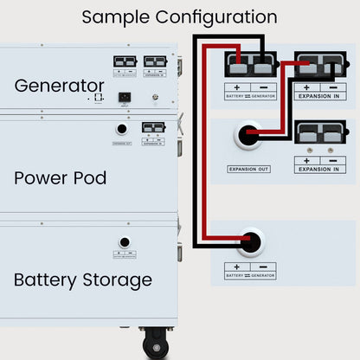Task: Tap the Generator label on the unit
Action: [59, 86]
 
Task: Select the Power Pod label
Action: [61, 178]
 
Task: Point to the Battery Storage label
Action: [83, 280]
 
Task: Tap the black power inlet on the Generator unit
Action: [125, 96]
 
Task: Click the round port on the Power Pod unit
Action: [122, 129]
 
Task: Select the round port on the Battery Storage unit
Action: [125, 242]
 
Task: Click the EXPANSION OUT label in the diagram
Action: [248, 169]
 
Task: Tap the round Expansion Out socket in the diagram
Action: [249, 136]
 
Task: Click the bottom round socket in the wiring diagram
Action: [251, 241]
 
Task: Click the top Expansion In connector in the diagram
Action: [317, 65]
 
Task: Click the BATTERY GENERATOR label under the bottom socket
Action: [250, 274]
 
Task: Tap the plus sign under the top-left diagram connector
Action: [236, 87]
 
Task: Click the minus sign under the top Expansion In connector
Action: [329, 87]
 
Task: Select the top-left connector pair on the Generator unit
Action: [125, 61]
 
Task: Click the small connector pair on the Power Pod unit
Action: [153, 127]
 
